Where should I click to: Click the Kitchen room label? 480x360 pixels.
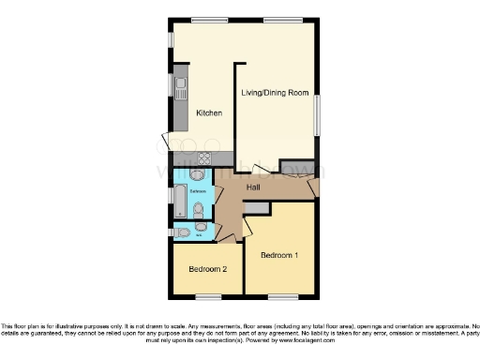[208, 113]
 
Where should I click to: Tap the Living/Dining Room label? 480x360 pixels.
[274, 92]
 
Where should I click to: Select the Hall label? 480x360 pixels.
[253, 188]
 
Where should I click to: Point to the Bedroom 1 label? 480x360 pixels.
[279, 255]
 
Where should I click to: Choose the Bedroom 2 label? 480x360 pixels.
[207, 269]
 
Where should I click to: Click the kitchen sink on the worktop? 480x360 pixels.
[179, 91]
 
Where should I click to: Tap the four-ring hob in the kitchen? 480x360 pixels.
[202, 157]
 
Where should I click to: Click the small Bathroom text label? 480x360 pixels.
[198, 191]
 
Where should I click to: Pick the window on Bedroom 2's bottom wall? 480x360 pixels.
[208, 297]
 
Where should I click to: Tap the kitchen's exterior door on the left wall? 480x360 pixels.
[168, 142]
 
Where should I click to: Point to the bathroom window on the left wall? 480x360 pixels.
[170, 196]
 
